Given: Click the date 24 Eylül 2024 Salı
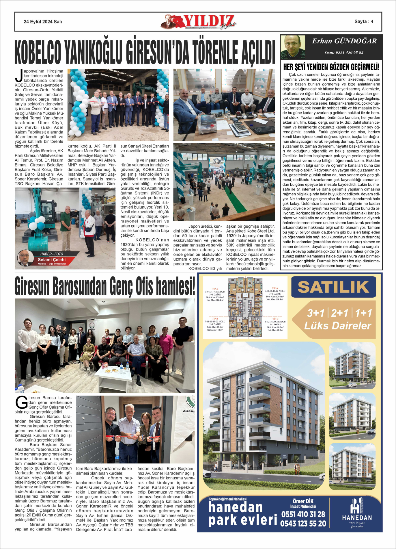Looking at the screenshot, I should (43, 22).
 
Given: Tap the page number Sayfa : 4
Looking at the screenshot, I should (364, 21).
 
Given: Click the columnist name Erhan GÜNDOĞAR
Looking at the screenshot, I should (344, 41).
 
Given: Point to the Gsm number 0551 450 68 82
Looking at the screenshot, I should (344, 52).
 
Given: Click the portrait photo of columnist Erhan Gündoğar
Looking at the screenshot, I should (293, 47).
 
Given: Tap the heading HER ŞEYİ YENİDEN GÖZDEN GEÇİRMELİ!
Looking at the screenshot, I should (331, 67).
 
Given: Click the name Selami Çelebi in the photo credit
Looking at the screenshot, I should (52, 259).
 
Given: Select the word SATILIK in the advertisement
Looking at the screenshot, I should (333, 287).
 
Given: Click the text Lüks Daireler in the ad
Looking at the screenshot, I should (338, 326).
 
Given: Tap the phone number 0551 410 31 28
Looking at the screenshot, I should (303, 514).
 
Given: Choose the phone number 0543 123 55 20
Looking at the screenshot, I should (303, 524).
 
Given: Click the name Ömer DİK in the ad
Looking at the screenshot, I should (303, 501).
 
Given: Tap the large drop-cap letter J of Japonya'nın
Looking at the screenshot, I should (19, 76).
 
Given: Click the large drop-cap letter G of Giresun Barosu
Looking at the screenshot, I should (21, 403).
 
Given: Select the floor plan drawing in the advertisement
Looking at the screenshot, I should (245, 307).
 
